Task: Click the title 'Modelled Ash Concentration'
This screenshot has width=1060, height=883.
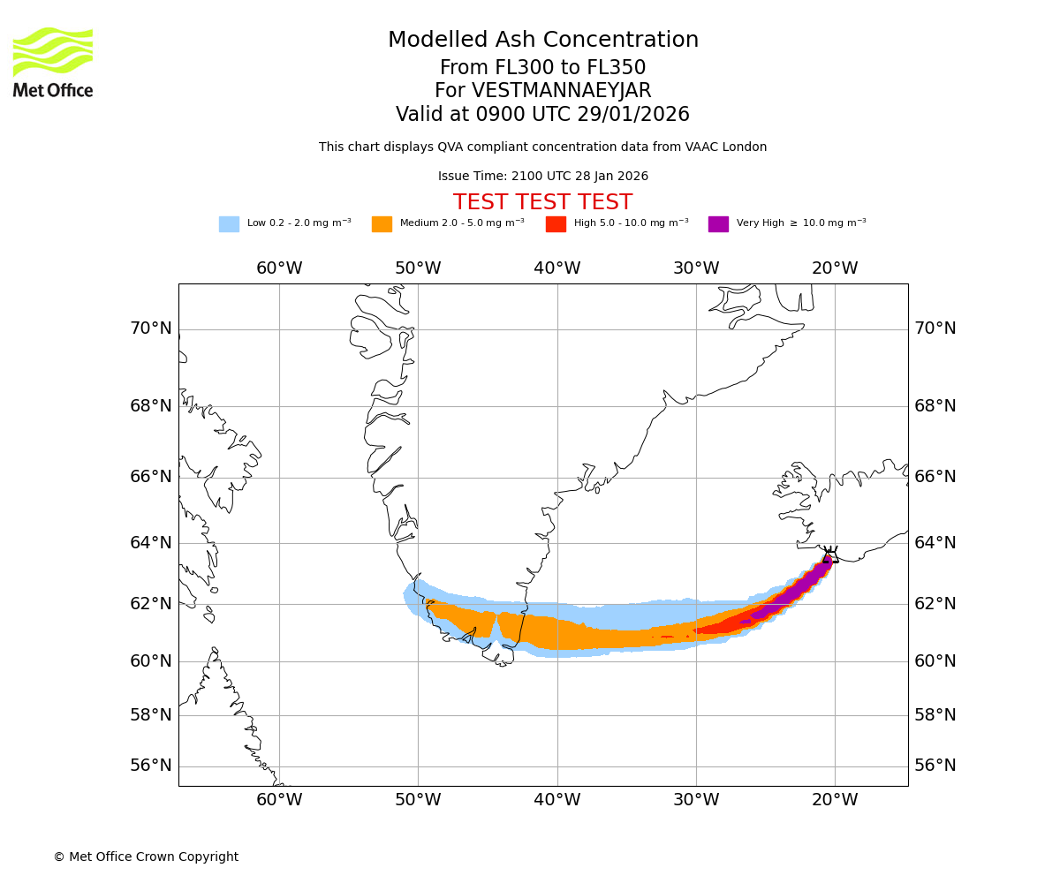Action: click(x=543, y=41)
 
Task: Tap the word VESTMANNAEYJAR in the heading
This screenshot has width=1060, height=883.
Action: click(x=562, y=91)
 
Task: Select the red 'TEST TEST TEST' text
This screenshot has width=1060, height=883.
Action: click(x=542, y=202)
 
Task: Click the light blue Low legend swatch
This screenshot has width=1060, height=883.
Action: click(x=229, y=224)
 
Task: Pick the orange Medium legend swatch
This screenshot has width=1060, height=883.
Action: click(x=382, y=224)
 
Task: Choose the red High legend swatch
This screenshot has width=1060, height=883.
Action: click(x=556, y=224)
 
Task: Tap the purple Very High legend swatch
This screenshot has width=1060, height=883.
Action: click(x=718, y=224)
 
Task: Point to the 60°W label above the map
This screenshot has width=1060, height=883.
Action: click(x=279, y=268)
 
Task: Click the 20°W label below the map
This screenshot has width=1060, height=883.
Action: click(x=835, y=800)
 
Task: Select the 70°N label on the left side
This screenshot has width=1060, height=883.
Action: click(x=151, y=328)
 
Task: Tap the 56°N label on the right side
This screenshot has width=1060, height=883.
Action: click(x=935, y=766)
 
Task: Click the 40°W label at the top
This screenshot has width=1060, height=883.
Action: click(x=557, y=268)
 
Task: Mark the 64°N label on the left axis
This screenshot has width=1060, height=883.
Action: click(x=151, y=542)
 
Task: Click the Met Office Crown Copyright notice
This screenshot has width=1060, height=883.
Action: click(x=146, y=857)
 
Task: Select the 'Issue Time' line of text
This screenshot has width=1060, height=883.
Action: click(x=542, y=177)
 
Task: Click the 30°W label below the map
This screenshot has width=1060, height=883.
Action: click(x=696, y=800)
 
